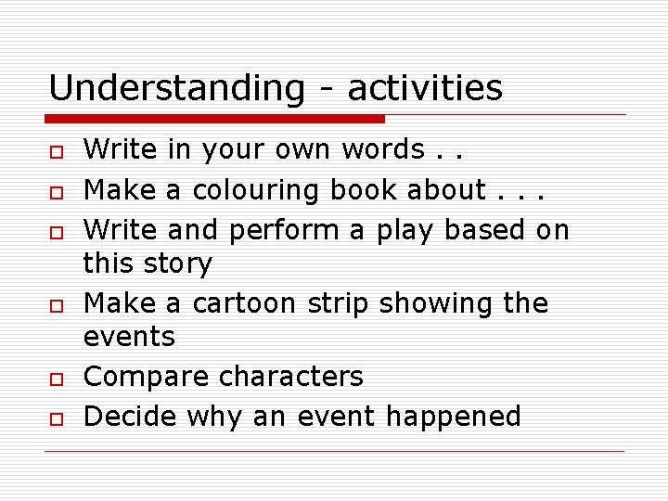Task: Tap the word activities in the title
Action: click(x=425, y=89)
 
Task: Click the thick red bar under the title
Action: click(x=215, y=119)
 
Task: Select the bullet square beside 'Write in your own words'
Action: click(x=56, y=151)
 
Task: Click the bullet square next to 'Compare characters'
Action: click(x=56, y=379)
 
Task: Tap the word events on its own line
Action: click(x=129, y=337)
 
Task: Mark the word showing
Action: click(x=436, y=303)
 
